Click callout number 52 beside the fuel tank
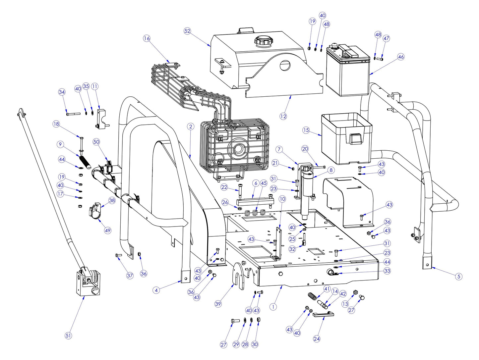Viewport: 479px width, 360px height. coord(187,31)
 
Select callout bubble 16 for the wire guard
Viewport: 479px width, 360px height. coord(147,38)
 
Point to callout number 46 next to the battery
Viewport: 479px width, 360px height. coord(401,57)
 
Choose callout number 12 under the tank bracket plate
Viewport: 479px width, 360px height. coord(283,116)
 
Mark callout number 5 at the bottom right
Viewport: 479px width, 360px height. coord(458,276)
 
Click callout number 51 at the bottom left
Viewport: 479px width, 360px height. coord(68,335)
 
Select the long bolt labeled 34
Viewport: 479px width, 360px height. coord(73,114)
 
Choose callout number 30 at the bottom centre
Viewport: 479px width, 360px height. coord(255,344)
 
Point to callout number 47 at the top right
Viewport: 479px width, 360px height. coord(386,38)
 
